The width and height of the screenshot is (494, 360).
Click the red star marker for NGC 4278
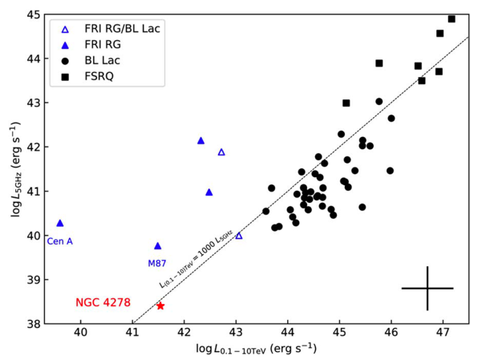pos(160,305)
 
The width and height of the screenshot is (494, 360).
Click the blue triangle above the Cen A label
pos(60,223)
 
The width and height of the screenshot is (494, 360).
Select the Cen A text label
pos(59,241)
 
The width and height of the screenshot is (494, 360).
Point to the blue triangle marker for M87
pos(158,246)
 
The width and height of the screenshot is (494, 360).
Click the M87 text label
pos(157,263)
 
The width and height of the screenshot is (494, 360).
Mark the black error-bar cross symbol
pos(427,288)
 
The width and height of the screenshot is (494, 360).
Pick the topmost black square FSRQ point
pos(451,18)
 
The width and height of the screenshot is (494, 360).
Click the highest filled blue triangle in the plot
pos(201,140)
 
